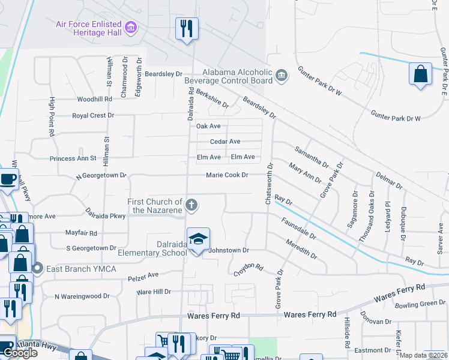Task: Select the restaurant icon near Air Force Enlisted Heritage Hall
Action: click(x=187, y=28)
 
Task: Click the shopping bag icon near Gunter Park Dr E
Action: click(x=420, y=74)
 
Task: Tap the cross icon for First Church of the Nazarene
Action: click(x=191, y=206)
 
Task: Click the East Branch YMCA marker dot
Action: click(x=38, y=268)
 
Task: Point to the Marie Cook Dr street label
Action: click(x=227, y=175)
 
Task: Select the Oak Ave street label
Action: click(x=209, y=126)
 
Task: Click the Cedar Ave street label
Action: click(x=225, y=142)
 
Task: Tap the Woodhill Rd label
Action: click(x=95, y=99)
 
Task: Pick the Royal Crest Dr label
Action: click(x=93, y=115)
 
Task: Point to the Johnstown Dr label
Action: click(x=228, y=250)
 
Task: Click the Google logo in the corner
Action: click(x=20, y=353)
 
